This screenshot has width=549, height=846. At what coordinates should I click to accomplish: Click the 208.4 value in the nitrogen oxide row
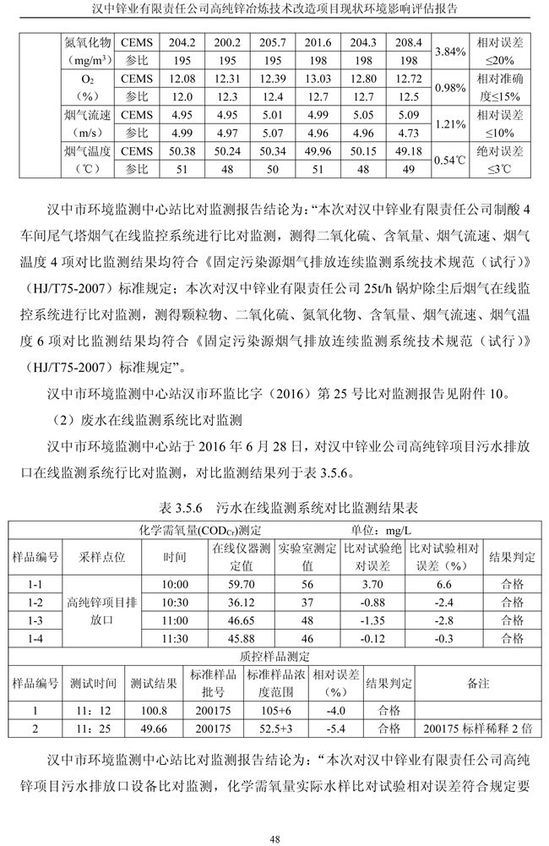pos(408,42)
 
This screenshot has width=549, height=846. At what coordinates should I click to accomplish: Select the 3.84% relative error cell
pos(449,52)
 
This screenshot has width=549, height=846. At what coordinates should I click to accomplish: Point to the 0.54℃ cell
pos(449,160)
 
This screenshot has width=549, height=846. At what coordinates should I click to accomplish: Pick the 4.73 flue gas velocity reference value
pos(408,133)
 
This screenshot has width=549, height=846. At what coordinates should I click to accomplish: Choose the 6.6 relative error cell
pos(444,584)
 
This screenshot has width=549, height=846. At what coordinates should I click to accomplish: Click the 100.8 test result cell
pos(154,710)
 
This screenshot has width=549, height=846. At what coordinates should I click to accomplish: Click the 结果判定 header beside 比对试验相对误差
pos(512,557)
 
